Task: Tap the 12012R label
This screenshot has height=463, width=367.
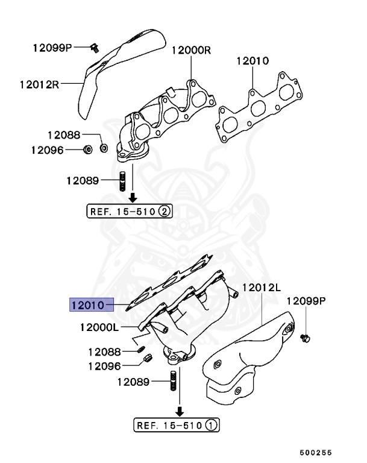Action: click(x=38, y=85)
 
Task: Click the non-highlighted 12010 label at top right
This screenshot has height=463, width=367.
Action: click(x=252, y=61)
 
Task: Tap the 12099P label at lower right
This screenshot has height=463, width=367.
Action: click(x=306, y=300)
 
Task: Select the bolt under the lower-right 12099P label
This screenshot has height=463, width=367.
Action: click(x=304, y=338)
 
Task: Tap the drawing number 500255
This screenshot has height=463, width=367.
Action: click(x=316, y=452)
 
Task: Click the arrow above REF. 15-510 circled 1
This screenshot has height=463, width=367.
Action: click(x=179, y=411)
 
